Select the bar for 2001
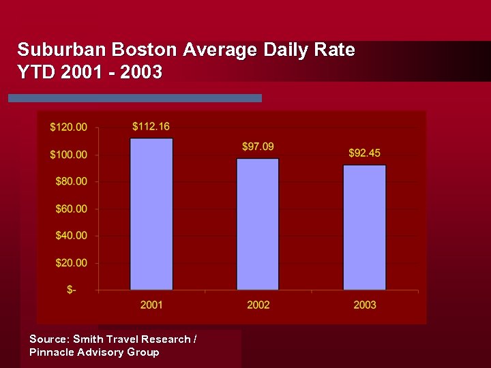(151, 214)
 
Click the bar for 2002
(258, 224)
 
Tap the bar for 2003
(364, 228)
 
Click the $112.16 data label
(151, 126)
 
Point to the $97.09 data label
(258, 147)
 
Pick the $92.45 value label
(364, 153)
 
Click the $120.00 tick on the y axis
(69, 127)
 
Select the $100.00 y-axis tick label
(69, 155)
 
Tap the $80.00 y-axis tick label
(71, 181)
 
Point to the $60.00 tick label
(71, 209)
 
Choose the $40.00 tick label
(71, 236)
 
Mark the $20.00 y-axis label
(71, 263)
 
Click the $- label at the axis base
(72, 290)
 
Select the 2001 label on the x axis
(151, 305)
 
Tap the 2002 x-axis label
(258, 305)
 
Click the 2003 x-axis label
(364, 305)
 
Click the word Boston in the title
(141, 50)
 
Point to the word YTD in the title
(35, 72)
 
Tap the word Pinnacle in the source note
(52, 352)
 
